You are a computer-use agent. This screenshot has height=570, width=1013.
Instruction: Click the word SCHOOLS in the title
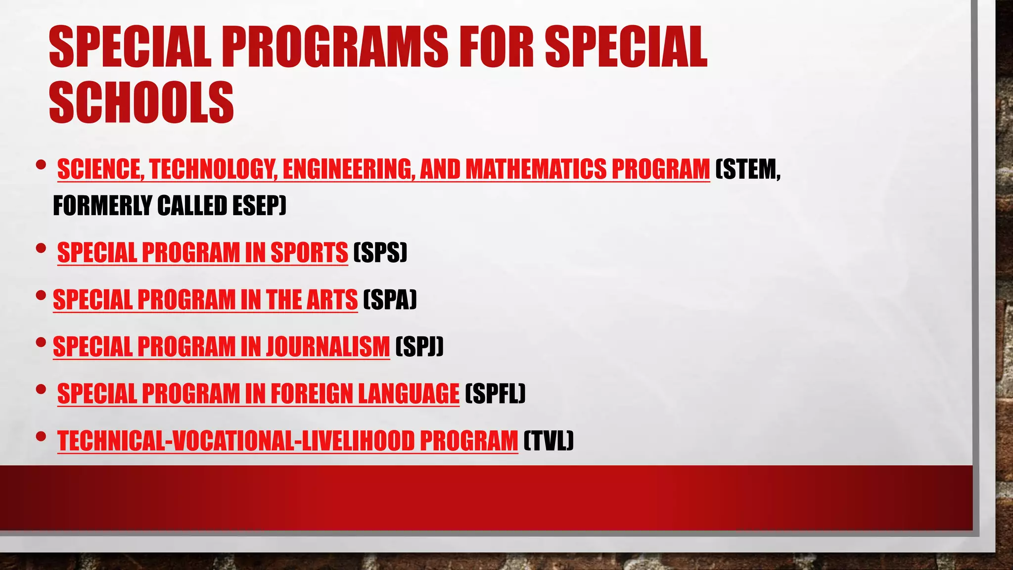(141, 102)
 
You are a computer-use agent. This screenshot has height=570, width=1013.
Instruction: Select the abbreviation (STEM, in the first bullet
(748, 170)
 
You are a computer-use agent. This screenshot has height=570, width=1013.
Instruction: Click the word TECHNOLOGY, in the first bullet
(213, 170)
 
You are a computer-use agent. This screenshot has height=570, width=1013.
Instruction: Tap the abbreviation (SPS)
(380, 252)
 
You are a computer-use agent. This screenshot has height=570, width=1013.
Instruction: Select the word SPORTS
(309, 252)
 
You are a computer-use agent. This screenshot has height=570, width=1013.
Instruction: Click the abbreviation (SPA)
(390, 299)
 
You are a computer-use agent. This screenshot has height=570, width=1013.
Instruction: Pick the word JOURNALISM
(328, 346)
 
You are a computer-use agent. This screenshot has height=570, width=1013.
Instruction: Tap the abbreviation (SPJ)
(419, 346)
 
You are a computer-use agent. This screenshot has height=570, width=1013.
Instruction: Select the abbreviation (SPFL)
(495, 394)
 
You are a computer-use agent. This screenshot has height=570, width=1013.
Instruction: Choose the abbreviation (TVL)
(548, 441)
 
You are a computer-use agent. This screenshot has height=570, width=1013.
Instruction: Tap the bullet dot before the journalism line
(41, 342)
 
